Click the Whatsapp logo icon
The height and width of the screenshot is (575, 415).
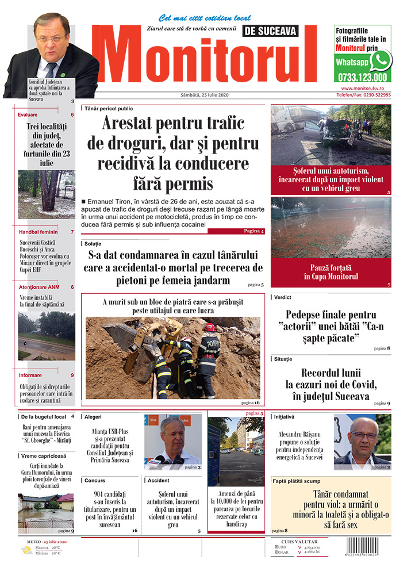point(381,60)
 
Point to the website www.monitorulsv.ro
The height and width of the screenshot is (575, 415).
point(366,89)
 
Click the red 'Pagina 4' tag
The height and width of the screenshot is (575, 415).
point(253,231)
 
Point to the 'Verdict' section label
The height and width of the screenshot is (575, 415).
point(283,297)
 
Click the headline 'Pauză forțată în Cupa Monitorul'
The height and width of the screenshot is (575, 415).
point(331,272)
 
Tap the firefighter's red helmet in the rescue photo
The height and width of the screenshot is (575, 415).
point(209,327)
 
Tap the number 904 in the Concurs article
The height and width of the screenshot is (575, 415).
point(102,494)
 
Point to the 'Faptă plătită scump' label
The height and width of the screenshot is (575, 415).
point(298,481)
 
